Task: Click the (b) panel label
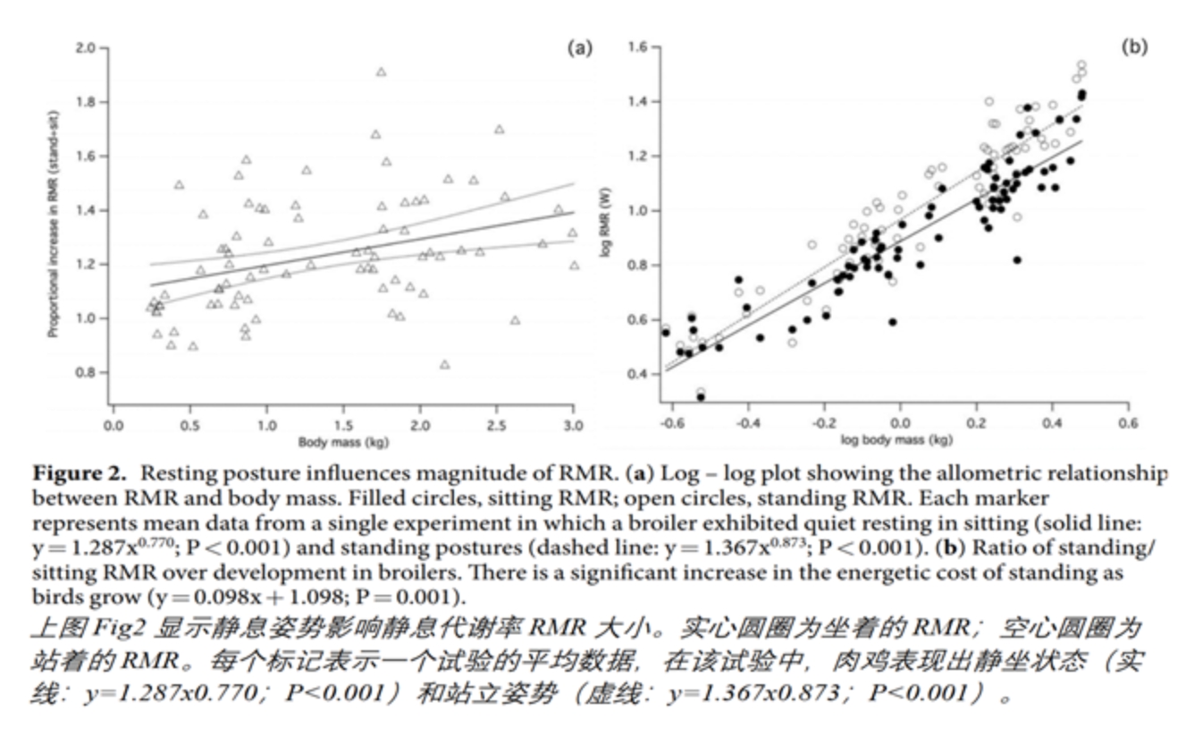[1134, 47]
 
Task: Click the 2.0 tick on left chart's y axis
[86, 47]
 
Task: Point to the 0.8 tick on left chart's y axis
[86, 372]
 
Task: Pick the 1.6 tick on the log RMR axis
[638, 47]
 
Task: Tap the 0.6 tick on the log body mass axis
[1129, 423]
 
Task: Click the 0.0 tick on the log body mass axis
[901, 423]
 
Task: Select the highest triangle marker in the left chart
[382, 72]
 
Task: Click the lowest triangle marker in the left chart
[444, 365]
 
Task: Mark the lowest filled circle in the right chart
[701, 396]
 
